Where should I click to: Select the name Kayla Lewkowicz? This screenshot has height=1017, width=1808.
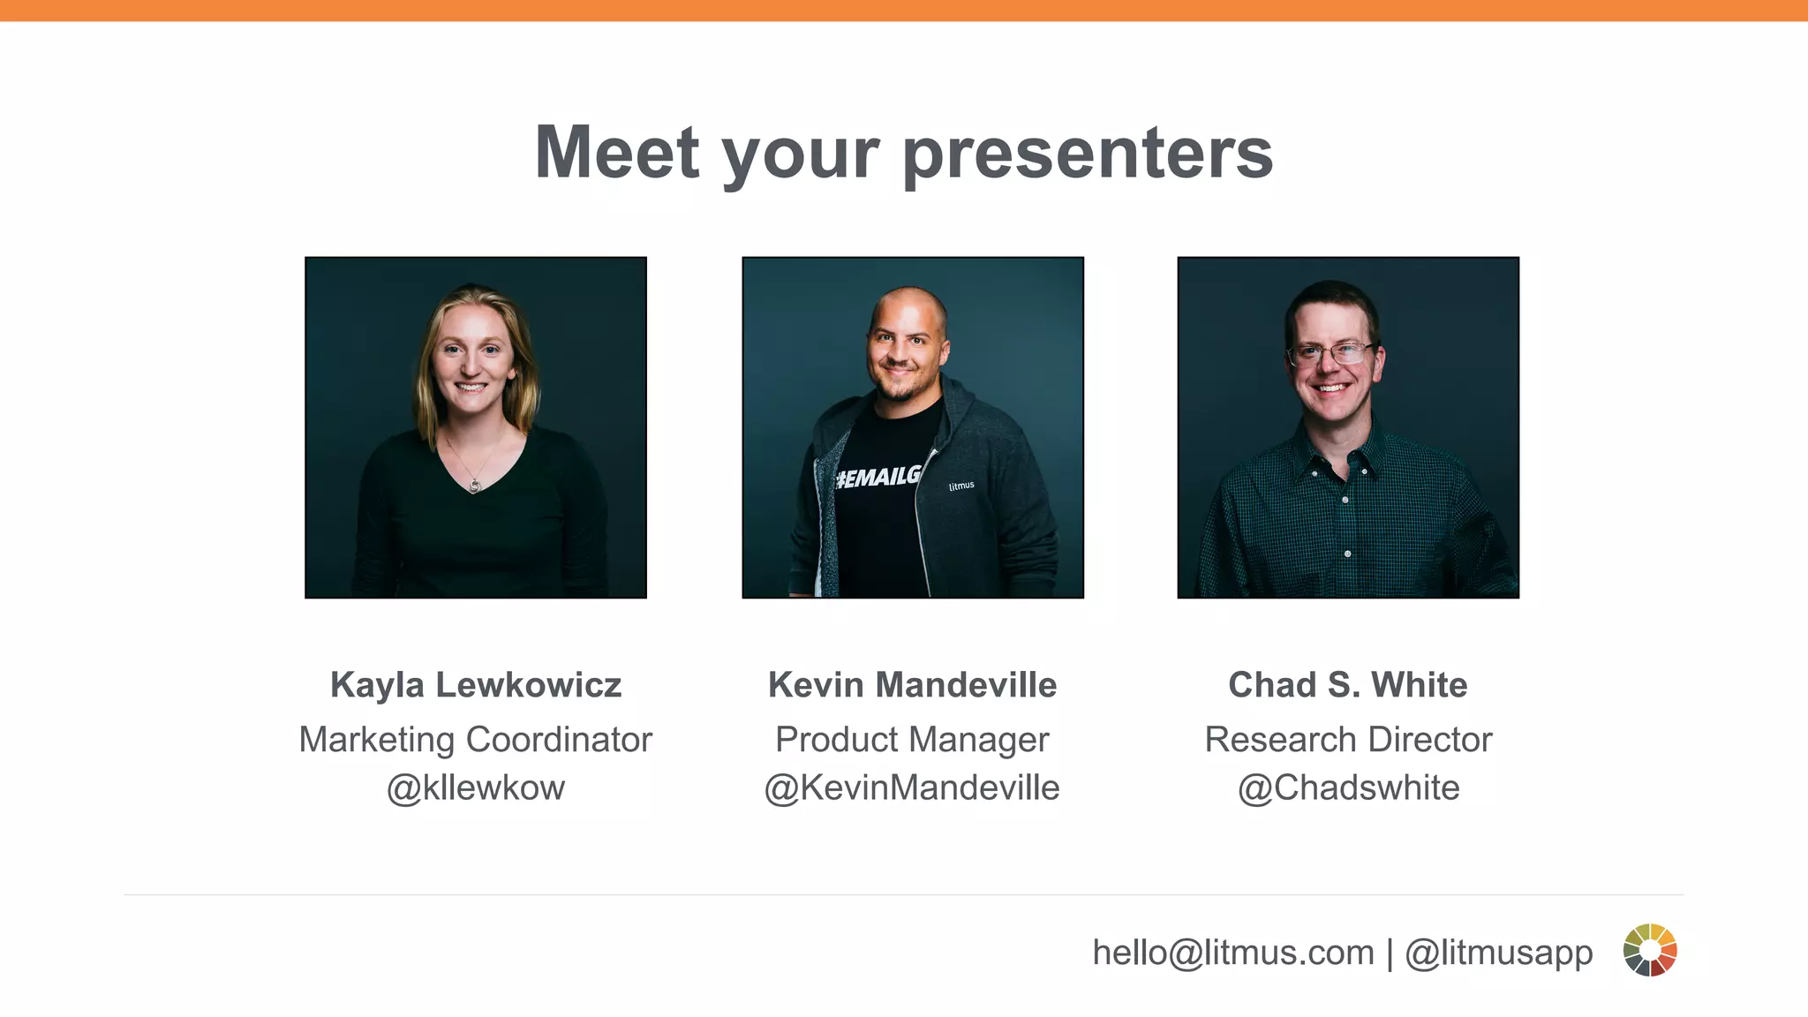[476, 685]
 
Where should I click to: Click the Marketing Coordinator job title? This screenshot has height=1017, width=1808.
[476, 740]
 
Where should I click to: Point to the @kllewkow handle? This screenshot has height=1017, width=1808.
[476, 787]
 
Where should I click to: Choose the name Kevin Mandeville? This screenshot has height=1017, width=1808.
[912, 685]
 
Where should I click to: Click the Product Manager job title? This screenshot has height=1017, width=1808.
[912, 740]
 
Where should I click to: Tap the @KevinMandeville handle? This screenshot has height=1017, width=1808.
[912, 787]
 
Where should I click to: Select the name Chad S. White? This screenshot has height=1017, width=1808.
[1348, 685]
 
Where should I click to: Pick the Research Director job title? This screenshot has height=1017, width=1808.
[1348, 740]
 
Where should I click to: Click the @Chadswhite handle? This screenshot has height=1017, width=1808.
[1348, 787]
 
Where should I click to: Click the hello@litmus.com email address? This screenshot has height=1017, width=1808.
[1233, 953]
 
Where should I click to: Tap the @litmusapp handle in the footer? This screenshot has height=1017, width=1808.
[1498, 953]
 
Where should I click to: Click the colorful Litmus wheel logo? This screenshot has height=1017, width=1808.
[1650, 950]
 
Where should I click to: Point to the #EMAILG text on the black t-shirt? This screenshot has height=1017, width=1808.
[878, 478]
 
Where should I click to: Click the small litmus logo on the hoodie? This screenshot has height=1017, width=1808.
[961, 486]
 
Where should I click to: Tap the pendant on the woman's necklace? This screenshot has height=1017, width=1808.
[475, 485]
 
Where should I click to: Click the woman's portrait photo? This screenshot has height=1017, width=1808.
[476, 427]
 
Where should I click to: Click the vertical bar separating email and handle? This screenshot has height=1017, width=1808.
[1390, 953]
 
